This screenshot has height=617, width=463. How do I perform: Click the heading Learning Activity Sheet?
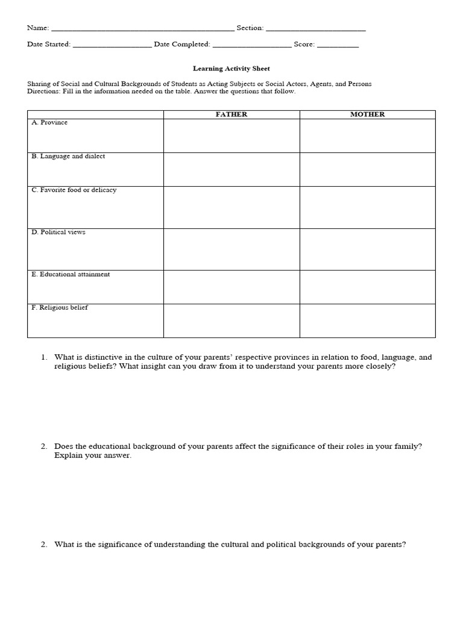(231, 69)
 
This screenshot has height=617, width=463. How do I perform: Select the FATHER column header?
(231, 114)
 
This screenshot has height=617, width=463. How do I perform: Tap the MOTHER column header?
(367, 114)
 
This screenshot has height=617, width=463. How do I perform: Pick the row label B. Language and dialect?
(68, 157)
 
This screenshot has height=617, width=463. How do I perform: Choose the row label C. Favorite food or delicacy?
(74, 190)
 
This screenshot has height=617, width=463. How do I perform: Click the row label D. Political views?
(58, 233)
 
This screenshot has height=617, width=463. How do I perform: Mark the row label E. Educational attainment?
(71, 275)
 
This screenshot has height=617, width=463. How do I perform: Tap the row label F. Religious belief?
(60, 308)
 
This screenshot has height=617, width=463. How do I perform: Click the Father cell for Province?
(231, 136)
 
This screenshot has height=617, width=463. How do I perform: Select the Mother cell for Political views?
(367, 249)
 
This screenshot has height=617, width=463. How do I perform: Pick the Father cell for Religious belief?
(231, 321)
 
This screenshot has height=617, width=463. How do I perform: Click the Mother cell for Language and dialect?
(367, 170)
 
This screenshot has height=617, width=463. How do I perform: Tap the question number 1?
(44, 357)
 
